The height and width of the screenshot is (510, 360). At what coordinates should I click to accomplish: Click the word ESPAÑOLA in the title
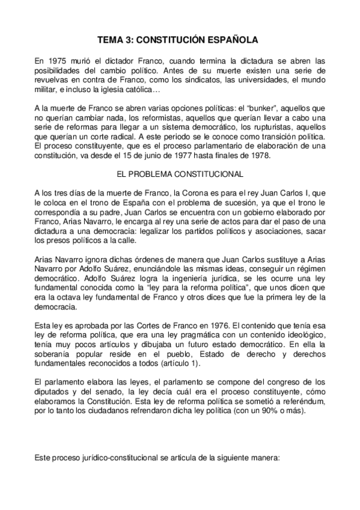point(231,40)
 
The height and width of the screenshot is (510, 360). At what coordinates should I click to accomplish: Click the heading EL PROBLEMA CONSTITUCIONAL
point(180,174)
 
